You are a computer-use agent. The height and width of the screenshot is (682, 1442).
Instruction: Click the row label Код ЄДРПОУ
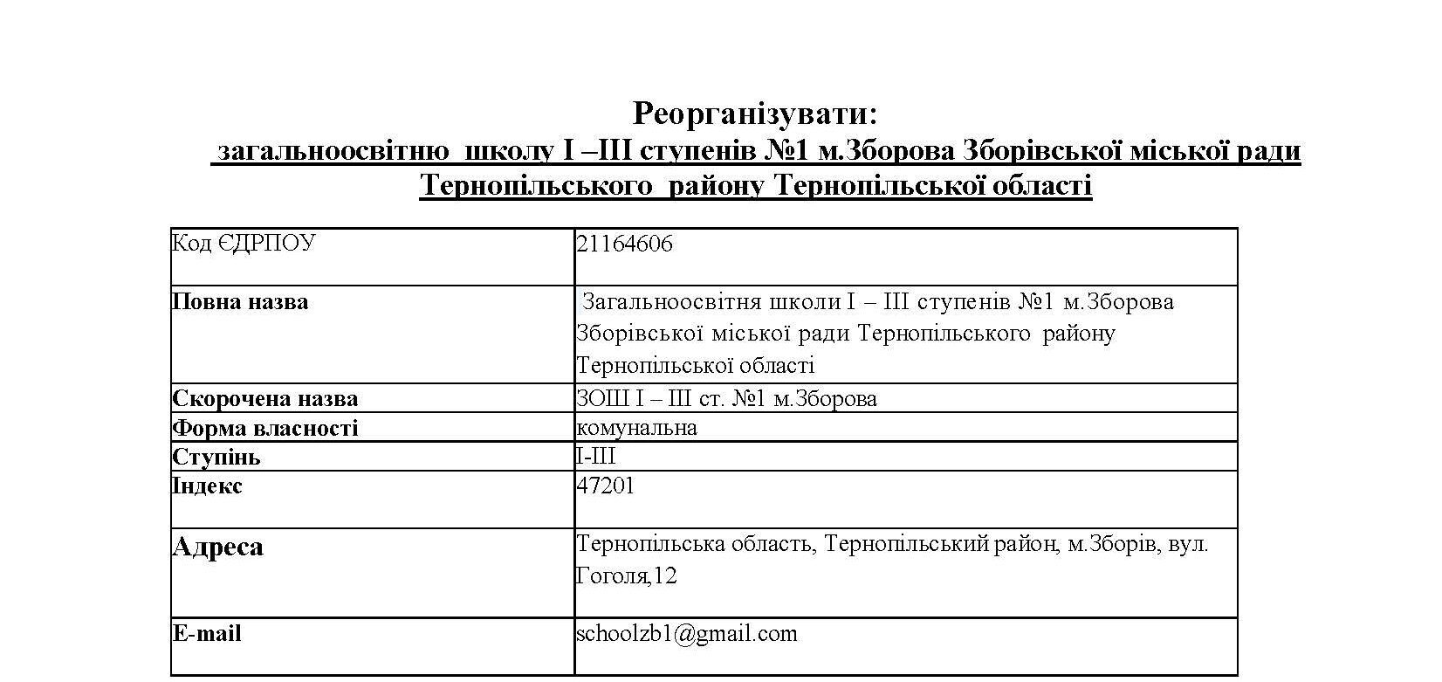(x=244, y=244)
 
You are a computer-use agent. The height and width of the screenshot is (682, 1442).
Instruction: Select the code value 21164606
(x=625, y=244)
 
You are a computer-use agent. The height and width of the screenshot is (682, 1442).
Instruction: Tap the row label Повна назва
(x=240, y=302)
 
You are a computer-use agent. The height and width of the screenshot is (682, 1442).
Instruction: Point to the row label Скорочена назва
(x=265, y=399)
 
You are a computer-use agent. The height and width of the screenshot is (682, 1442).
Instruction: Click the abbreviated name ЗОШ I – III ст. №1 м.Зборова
(x=726, y=399)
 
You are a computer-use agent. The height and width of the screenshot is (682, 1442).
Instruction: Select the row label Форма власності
(x=265, y=428)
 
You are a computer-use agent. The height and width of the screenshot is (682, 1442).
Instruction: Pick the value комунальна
(x=636, y=427)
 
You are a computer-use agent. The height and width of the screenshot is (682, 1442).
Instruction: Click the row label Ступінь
(x=216, y=457)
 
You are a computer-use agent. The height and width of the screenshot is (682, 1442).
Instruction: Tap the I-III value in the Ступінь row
(x=596, y=456)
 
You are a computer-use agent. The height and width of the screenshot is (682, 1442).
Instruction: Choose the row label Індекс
(x=207, y=486)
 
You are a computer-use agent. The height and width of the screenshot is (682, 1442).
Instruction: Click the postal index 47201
(x=606, y=486)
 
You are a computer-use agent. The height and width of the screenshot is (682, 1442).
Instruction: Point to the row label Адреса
(x=218, y=547)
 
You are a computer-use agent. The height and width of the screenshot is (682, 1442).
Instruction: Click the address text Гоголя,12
(x=627, y=576)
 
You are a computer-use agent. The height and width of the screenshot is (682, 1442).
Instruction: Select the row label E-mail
(x=207, y=633)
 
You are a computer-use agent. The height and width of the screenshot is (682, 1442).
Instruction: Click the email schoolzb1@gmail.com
(x=687, y=633)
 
